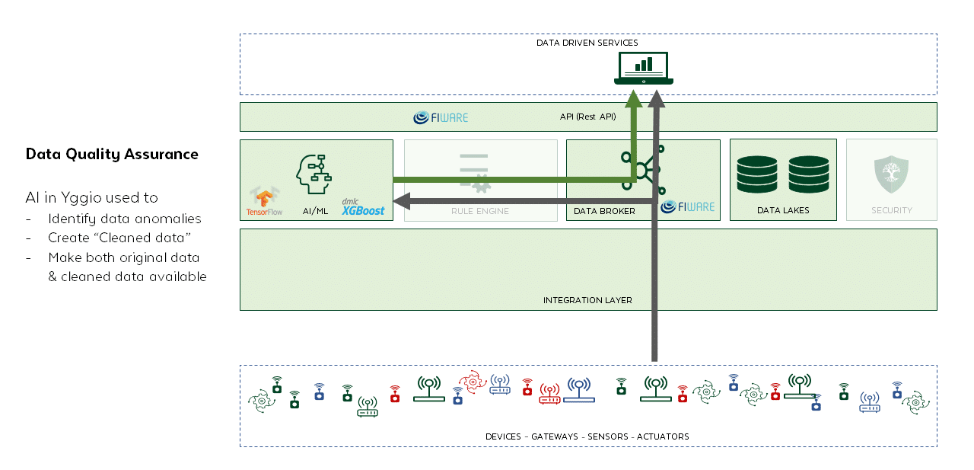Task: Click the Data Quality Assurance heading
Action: coord(112,155)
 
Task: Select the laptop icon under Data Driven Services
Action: coord(644,69)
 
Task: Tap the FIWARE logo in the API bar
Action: coord(441,117)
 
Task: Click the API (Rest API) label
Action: coord(587,117)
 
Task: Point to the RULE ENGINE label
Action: coord(479,211)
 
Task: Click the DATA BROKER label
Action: coord(604,211)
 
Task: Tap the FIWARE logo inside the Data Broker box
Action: coord(688,206)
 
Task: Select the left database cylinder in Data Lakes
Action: coord(756,174)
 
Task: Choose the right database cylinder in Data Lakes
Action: coord(808,174)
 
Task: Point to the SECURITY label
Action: coord(891,211)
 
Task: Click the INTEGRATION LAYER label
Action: coord(587,300)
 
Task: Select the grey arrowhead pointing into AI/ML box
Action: coord(401,202)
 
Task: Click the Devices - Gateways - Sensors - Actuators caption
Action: coord(587,436)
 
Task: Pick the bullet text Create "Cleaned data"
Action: coord(119,238)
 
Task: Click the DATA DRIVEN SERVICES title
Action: coord(587,43)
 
